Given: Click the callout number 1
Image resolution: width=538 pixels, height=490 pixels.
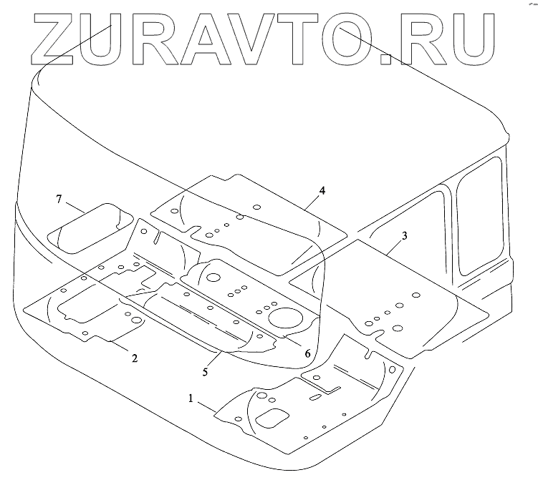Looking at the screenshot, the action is click(191, 399).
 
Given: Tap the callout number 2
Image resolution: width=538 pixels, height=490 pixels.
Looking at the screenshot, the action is click(134, 357).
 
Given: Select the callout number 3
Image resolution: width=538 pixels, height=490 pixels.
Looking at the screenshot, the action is click(405, 237).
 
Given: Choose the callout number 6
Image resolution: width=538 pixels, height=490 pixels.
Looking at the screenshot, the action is click(307, 353).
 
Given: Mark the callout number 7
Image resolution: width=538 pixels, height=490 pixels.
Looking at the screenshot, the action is click(59, 198).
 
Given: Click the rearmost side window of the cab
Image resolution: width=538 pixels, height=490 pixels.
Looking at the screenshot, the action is click(481, 215).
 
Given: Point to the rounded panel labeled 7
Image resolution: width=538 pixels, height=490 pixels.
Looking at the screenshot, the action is click(90, 227).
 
